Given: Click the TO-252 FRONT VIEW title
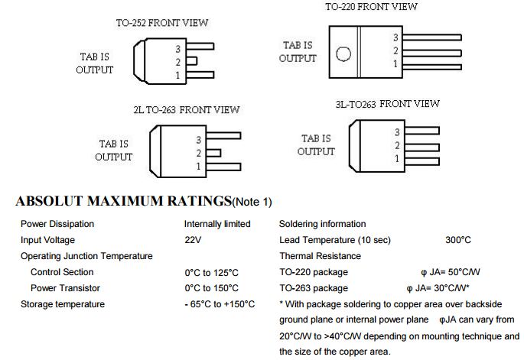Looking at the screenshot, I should tap(162, 22).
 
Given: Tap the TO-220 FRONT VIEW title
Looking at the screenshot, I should tap(371, 6).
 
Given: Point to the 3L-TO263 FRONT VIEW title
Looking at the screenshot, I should tap(387, 103).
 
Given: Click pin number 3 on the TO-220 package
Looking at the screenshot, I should tap(395, 37).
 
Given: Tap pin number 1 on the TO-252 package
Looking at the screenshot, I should tap(177, 75).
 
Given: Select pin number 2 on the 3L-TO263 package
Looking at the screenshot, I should tap(397, 145).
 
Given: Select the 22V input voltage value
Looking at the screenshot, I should tap(193, 240).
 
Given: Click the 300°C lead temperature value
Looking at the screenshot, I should tap(458, 240).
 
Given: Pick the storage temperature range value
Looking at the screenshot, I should tap(220, 304).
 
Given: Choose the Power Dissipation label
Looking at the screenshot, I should tap(57, 224).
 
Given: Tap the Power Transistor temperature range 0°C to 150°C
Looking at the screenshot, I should tap(211, 288).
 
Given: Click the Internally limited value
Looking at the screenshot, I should tap(217, 224).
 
